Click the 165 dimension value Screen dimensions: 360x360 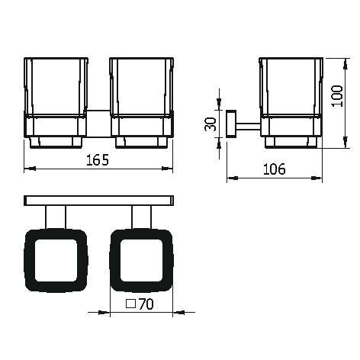(x=98, y=160)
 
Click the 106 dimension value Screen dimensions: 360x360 (x=274, y=169)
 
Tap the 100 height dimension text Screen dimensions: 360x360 (x=338, y=96)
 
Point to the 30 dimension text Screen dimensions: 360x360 (x=211, y=124)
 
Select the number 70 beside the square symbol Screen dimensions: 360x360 (x=146, y=304)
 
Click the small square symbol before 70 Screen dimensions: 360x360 (x=131, y=304)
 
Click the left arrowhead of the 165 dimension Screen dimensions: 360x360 (x=30, y=169)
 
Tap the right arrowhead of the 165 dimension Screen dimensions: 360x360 (x=168, y=169)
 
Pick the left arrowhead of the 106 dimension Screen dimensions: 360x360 (x=233, y=178)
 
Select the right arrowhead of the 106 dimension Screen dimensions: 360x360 (x=317, y=178)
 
